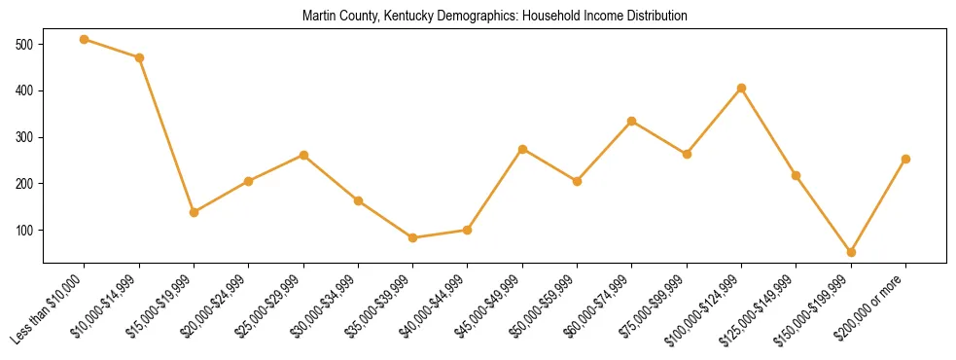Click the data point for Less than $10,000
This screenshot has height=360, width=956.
coord(85,39)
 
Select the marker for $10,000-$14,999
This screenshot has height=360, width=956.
coord(139,57)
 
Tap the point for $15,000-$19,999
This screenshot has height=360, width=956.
coord(195,212)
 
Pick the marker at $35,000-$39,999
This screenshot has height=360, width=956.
coord(413,237)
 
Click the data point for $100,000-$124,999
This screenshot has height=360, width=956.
coord(742,88)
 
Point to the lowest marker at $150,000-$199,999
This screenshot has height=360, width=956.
coord(851,252)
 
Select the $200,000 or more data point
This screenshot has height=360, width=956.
coord(905,159)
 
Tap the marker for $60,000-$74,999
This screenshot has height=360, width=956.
coord(632,121)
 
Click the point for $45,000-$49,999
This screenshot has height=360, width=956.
coord(523,149)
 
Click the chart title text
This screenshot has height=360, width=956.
coord(495,17)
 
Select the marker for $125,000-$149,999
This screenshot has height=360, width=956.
coord(797,175)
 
